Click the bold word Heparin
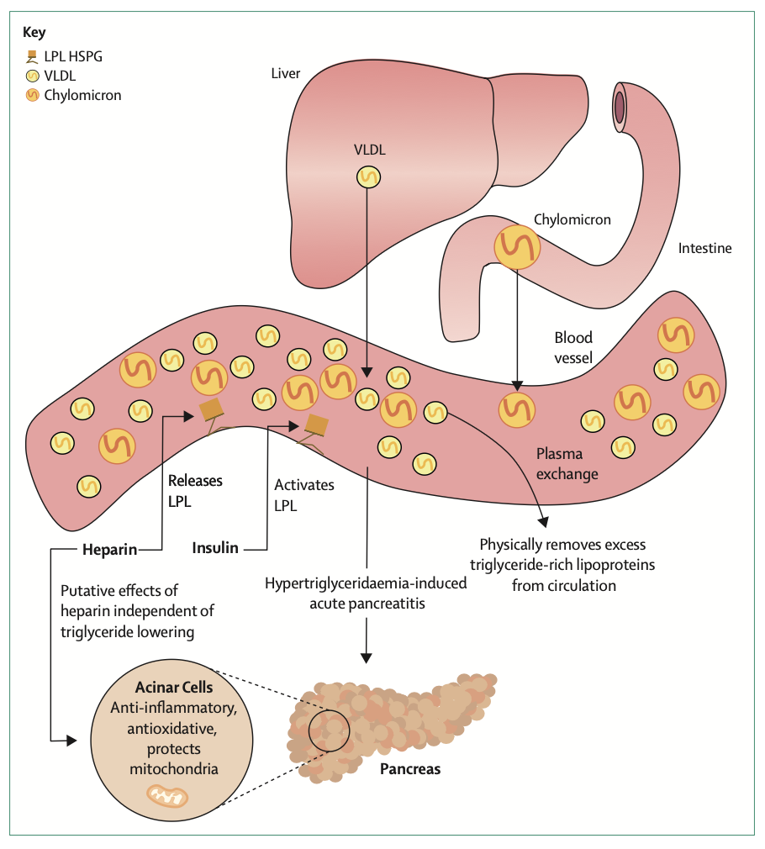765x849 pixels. [109, 549]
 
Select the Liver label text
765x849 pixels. [285, 73]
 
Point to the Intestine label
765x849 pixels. [704, 248]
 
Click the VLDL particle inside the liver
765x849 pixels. [368, 177]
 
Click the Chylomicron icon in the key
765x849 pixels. [33, 95]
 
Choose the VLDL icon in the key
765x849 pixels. [33, 76]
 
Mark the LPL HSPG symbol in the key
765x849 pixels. [33, 57]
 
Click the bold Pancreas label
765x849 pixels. [410, 768]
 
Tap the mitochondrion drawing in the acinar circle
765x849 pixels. [170, 794]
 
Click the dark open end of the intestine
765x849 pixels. [620, 108]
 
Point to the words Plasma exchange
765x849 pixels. [567, 463]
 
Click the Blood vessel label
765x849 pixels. [573, 347]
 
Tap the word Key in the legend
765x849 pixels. [33, 34]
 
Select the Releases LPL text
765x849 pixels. [195, 490]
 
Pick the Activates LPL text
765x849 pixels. [304, 495]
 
